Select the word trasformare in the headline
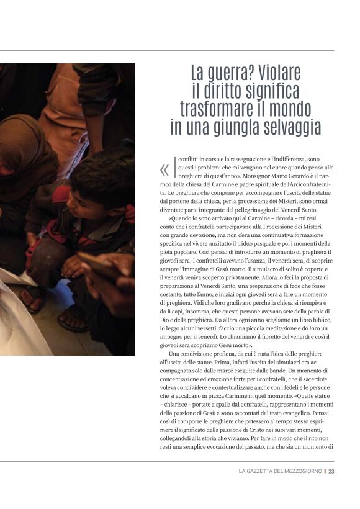tap(217, 109)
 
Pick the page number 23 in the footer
tap(331, 472)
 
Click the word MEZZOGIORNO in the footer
tap(301, 472)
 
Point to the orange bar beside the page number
tap(325, 472)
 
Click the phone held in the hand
tap(99, 264)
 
